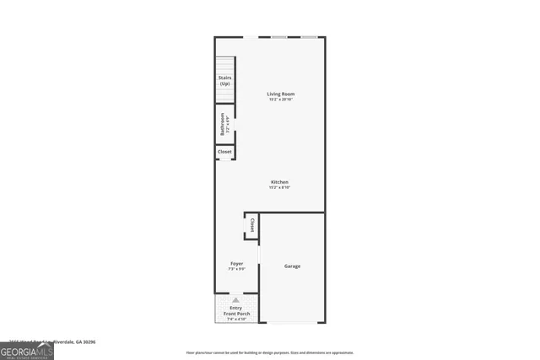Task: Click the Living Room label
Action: (x=281, y=94)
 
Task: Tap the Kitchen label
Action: (x=279, y=182)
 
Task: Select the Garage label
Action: (x=291, y=266)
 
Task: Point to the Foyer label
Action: (x=236, y=264)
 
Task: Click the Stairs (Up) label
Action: (x=224, y=81)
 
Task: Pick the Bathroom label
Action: (x=223, y=124)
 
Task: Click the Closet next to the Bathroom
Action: (x=224, y=152)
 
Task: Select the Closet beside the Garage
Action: (x=251, y=225)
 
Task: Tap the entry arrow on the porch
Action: (x=236, y=300)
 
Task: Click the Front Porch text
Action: (x=236, y=314)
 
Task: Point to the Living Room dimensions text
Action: (x=281, y=100)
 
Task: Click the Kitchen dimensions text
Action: (x=279, y=188)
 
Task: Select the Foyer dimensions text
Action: (x=236, y=270)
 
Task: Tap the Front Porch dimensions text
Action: (x=236, y=320)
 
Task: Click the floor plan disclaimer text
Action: (x=270, y=352)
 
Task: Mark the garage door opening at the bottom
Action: (x=291, y=323)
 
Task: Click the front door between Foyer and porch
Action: (x=236, y=293)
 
